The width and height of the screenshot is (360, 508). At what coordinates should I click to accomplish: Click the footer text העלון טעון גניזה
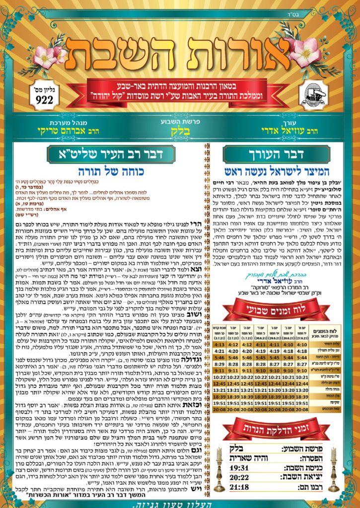tap(180, 502)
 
